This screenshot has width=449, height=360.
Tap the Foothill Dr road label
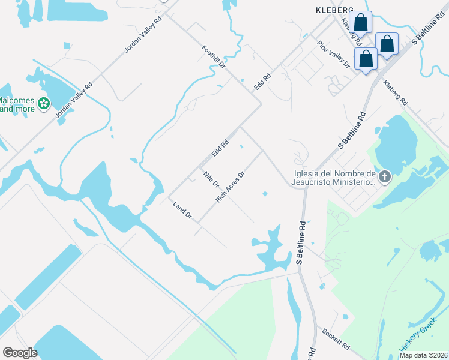click(x=214, y=56)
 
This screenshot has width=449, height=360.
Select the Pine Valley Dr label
click(x=333, y=54)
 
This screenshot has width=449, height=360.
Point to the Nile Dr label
click(x=211, y=179)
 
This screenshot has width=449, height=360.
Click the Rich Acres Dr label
click(x=231, y=187)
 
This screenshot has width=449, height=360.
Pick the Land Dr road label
click(x=181, y=210)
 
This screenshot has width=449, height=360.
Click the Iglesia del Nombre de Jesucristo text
click(x=334, y=178)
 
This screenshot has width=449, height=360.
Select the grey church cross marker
click(x=385, y=176)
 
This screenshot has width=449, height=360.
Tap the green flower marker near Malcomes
click(x=43, y=104)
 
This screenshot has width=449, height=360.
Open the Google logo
click(x=20, y=353)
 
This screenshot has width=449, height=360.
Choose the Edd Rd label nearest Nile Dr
click(x=220, y=149)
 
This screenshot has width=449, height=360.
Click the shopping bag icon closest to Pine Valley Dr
click(x=365, y=59)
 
